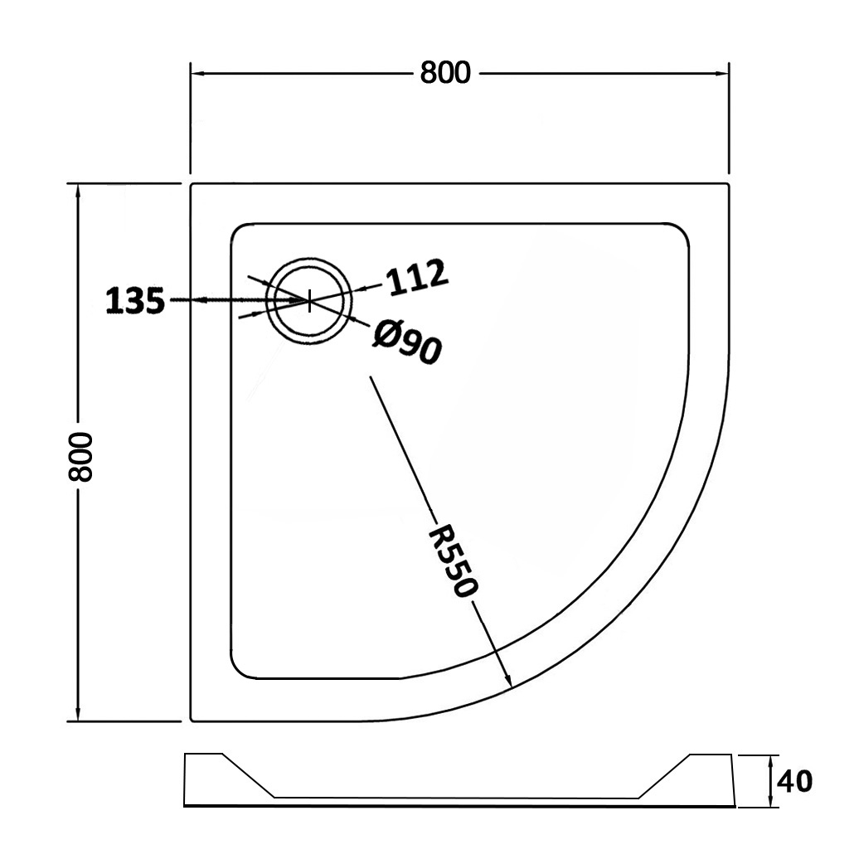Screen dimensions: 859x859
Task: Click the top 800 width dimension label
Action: (x=444, y=73)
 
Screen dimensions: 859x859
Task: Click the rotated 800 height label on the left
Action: (x=80, y=457)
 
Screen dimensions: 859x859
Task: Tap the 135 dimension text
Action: (x=135, y=301)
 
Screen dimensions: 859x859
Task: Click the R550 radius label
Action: (x=454, y=561)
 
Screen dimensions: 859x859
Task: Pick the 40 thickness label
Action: (x=795, y=781)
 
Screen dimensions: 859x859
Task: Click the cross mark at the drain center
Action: (x=309, y=300)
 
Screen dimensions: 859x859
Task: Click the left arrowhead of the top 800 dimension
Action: (x=197, y=74)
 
